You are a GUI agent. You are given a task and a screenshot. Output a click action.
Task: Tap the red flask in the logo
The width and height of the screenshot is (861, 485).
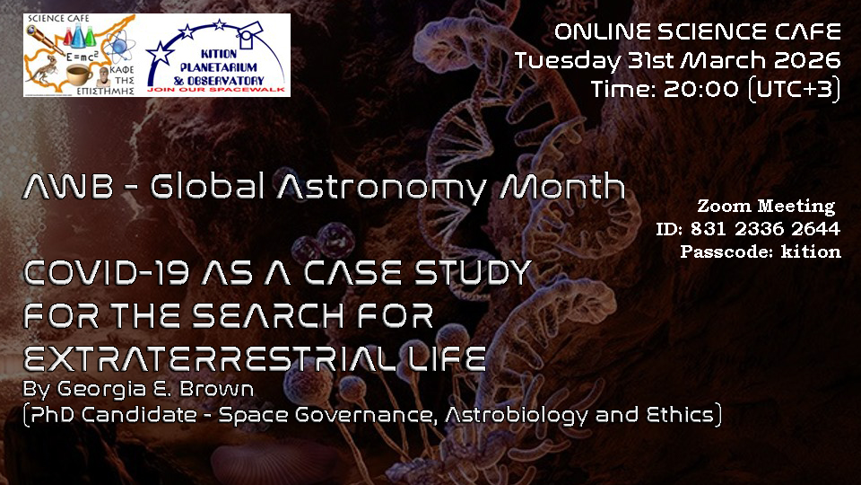point(68,38)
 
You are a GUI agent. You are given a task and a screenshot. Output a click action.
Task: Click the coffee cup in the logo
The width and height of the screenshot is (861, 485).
point(79,74)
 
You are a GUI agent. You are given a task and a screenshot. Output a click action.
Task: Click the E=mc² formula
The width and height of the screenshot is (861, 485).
point(82,57)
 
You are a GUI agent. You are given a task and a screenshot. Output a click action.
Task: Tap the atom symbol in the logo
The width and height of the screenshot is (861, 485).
point(118,47)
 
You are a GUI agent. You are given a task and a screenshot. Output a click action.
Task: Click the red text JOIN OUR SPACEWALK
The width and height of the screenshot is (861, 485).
point(216,90)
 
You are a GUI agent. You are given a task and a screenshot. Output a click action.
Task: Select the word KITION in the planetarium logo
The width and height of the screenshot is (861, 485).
point(219,55)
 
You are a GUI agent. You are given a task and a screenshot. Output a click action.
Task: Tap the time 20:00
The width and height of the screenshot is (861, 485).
point(701,89)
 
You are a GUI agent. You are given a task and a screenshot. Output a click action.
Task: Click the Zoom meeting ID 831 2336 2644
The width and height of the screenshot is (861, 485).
point(765,229)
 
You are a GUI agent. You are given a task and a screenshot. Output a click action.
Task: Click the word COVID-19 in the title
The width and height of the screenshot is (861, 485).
point(107,273)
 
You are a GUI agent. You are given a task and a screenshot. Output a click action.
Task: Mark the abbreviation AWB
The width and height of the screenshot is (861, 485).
point(67,187)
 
